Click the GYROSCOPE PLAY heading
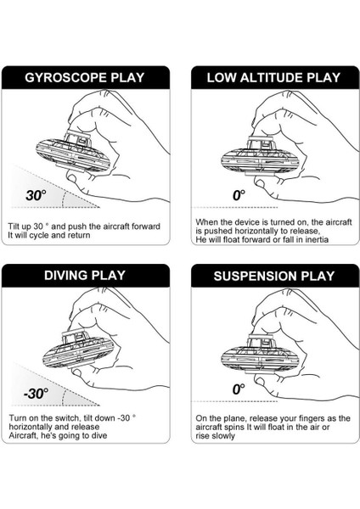click(85, 78)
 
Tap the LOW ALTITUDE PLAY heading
click(274, 78)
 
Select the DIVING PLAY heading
click(85, 276)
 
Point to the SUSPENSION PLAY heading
click(274, 276)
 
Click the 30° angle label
click(36, 195)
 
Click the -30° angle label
click(36, 394)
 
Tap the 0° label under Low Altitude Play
click(239, 195)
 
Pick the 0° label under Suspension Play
click(239, 389)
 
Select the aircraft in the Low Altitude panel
click(260, 157)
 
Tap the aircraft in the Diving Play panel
click(79, 350)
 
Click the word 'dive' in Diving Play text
click(98, 435)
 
